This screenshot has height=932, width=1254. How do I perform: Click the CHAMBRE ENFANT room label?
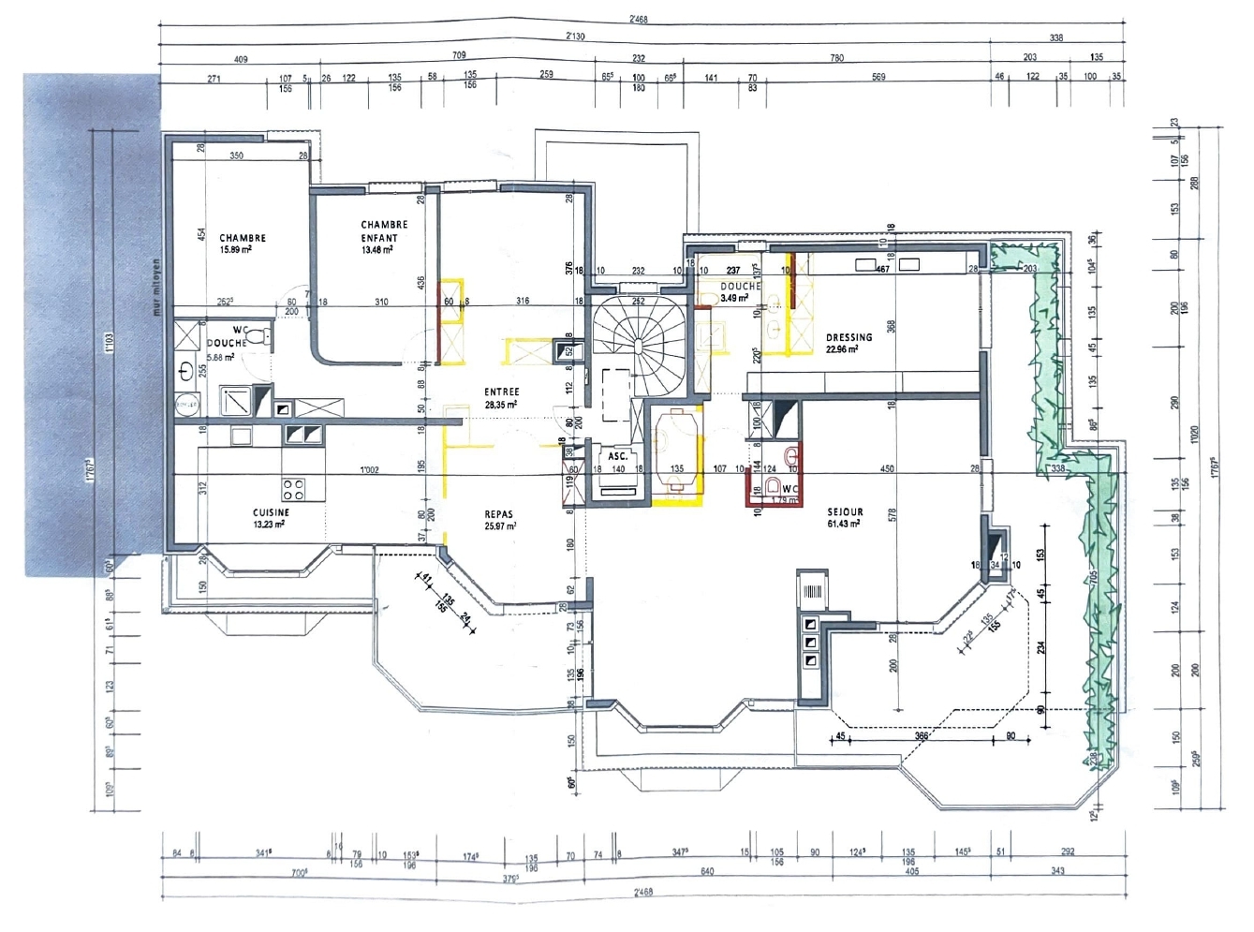coord(384,230)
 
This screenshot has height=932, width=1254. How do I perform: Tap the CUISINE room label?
coord(271,512)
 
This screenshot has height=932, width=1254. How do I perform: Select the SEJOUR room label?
coord(845,512)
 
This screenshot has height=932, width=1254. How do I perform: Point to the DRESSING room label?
coord(848,337)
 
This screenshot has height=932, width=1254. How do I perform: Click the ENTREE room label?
coord(501,392)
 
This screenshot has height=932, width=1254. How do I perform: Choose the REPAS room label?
coord(498,514)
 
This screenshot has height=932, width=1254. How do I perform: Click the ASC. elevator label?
coord(617,456)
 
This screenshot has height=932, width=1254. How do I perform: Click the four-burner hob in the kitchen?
coord(293,488)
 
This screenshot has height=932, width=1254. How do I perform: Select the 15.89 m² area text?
coord(235,250)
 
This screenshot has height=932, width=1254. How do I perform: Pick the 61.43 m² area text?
coord(844,524)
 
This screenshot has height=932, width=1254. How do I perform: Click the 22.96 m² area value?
coord(842,349)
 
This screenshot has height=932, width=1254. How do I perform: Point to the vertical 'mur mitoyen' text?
coord(156,287)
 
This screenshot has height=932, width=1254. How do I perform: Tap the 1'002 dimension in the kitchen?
coord(369,470)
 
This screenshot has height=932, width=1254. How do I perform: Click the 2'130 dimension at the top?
coord(575,37)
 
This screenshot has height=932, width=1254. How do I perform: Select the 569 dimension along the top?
coord(878,77)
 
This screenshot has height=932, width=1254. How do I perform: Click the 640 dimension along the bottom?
coord(707,871)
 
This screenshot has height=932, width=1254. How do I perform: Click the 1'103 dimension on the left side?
coord(109,343)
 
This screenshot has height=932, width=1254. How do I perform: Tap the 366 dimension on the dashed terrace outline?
coord(921,736)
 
